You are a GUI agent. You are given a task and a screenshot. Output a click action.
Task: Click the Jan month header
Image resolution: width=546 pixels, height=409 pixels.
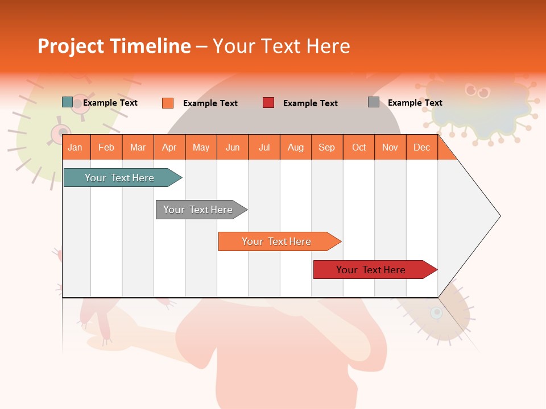[x=75, y=147]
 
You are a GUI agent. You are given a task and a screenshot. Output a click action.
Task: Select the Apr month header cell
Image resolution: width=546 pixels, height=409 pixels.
[x=169, y=147]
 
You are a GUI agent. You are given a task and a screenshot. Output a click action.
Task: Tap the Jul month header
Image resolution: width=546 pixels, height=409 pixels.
[x=264, y=147]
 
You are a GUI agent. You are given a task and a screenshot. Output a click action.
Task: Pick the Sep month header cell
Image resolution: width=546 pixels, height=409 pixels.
[x=326, y=147]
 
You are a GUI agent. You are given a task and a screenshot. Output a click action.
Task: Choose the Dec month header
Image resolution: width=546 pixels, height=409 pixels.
[x=421, y=147]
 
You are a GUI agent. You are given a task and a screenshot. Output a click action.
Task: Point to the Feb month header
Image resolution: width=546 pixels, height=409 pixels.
[x=106, y=147]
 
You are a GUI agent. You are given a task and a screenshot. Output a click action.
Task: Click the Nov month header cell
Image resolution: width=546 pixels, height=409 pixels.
[x=390, y=147]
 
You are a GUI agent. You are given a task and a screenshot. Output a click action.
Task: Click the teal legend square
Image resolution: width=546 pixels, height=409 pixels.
[x=68, y=102]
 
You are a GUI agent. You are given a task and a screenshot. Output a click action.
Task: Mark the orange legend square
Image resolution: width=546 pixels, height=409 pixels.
[x=168, y=103]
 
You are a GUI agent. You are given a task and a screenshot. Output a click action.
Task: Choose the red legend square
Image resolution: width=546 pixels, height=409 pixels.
[x=268, y=103]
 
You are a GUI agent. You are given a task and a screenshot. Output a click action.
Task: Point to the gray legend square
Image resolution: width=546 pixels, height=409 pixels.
[x=374, y=102]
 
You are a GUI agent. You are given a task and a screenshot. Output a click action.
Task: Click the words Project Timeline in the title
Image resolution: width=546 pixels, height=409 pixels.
[x=114, y=46]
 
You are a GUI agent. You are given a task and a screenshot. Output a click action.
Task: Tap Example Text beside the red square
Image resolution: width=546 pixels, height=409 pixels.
[x=311, y=103]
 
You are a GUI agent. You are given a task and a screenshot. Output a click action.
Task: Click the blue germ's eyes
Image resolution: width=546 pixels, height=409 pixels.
[x=477, y=90]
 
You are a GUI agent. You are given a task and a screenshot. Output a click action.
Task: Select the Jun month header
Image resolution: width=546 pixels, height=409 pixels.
[x=233, y=147]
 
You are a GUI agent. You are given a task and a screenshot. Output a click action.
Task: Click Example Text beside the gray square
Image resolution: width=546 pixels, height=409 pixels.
[x=415, y=103]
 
